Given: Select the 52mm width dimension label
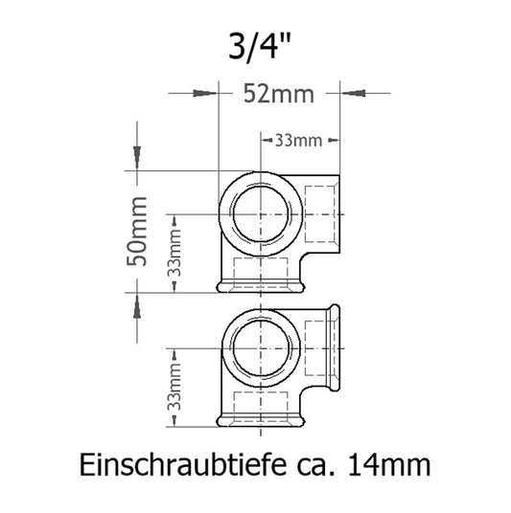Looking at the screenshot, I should (278, 94).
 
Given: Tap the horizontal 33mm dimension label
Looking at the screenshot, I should (297, 141).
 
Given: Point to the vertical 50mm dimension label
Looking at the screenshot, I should (139, 229).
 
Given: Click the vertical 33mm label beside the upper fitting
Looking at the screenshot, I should (175, 254).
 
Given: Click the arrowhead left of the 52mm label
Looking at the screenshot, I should (203, 94).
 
